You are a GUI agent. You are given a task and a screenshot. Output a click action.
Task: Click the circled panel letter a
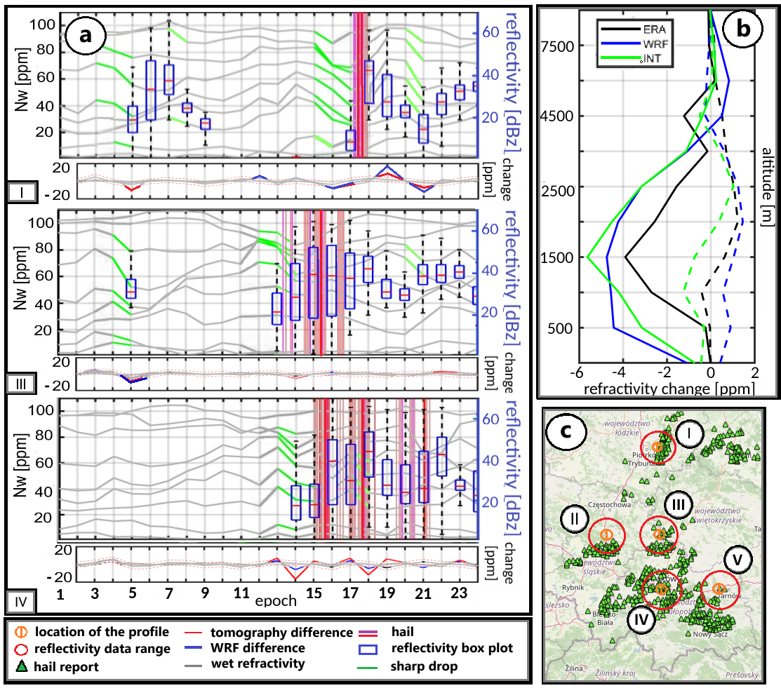(85, 36)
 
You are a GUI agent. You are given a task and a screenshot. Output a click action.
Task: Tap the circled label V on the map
(737, 559)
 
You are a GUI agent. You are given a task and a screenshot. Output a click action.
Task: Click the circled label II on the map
(574, 519)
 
